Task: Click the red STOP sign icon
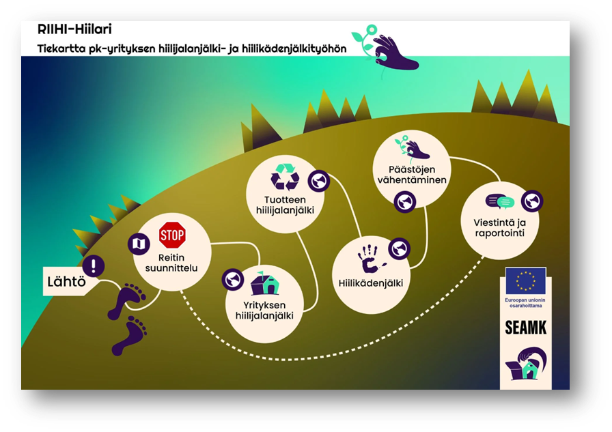pyautogui.click(x=172, y=236)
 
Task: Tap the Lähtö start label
pyautogui.click(x=66, y=281)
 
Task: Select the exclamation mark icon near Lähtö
pyautogui.click(x=93, y=265)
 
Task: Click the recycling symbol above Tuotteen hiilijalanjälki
pyautogui.click(x=285, y=177)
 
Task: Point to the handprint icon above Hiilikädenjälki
pyautogui.click(x=372, y=258)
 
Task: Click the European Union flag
pyautogui.click(x=525, y=280)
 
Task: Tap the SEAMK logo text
pyautogui.click(x=525, y=328)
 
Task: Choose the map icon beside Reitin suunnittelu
pyautogui.click(x=139, y=244)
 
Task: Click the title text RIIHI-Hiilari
pyautogui.click(x=75, y=30)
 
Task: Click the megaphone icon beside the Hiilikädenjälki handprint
pyautogui.click(x=400, y=247)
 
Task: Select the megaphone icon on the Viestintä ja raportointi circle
pyautogui.click(x=531, y=200)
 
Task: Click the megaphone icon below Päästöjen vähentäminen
pyautogui.click(x=405, y=201)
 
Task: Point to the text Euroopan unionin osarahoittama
pyautogui.click(x=525, y=303)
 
